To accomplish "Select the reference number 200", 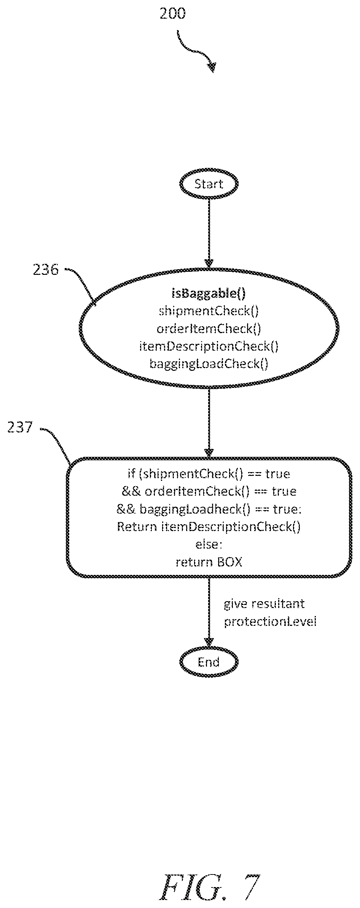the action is (172, 14).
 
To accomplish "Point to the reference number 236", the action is (46, 270).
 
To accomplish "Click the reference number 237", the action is (20, 428).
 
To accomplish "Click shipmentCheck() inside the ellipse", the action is (209, 311).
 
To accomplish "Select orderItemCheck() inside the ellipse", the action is (209, 329).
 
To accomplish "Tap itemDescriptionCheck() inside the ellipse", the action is (209, 346).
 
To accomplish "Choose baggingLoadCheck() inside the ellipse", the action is (209, 364).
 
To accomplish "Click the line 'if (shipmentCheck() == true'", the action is (209, 474).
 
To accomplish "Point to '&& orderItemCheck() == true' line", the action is (209, 491).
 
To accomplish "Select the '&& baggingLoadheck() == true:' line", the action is (209, 509).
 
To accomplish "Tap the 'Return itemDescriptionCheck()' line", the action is (209, 527).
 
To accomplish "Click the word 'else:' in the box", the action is (209, 544).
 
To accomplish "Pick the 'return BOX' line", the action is (209, 562).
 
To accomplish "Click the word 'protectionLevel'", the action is (270, 621).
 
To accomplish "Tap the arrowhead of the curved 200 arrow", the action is (212, 67).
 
